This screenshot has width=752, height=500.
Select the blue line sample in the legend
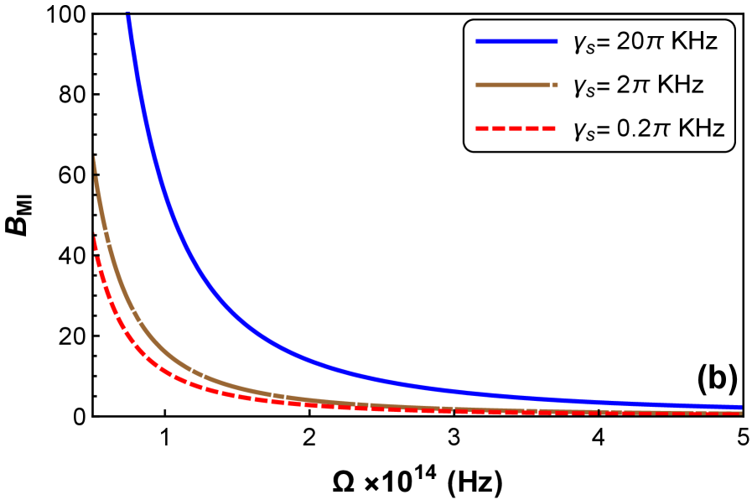click(x=516, y=41)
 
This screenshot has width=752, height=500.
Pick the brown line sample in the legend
click(x=511, y=85)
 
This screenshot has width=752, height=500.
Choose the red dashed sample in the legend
click(x=516, y=128)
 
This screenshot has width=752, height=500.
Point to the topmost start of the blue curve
click(x=128, y=15)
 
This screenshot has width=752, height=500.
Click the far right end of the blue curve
click(x=740, y=407)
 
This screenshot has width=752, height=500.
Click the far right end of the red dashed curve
click(x=739, y=413)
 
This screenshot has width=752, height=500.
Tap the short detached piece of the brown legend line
click(x=555, y=85)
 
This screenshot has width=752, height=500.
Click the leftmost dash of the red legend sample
click(x=482, y=128)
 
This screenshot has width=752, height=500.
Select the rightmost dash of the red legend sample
click(x=548, y=128)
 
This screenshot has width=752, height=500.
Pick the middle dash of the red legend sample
click(x=516, y=128)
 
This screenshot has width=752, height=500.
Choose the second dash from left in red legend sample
click(x=499, y=128)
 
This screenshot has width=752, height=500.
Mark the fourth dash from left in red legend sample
click(x=532, y=128)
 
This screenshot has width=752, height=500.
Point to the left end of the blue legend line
click(x=477, y=41)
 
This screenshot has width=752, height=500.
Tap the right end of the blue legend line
click(x=557, y=41)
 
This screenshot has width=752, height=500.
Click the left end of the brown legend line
click(x=477, y=85)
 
